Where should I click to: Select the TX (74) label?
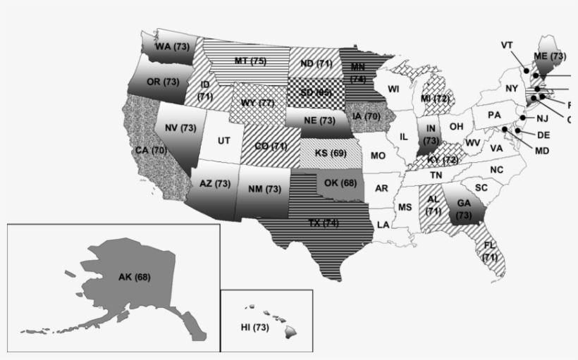pos(324,223)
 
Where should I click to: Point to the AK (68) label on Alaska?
pos(134,276)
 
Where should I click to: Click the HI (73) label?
pos(255,328)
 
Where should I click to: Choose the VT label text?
pos(507,44)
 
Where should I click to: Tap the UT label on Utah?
pos(223,141)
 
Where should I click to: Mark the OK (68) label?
pos(340,184)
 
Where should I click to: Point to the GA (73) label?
pos(463,209)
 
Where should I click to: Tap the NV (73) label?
pos(180,128)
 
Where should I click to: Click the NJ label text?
pos(541,118)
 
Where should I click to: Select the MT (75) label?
pos(250,61)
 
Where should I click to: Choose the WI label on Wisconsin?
pos(393,89)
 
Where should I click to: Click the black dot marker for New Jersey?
pos(523,117)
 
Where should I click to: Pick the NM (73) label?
pos(264,190)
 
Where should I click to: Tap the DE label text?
pos(543,135)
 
